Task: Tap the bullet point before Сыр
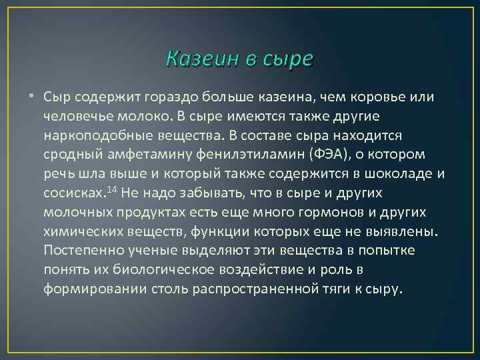(x=33, y=97)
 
